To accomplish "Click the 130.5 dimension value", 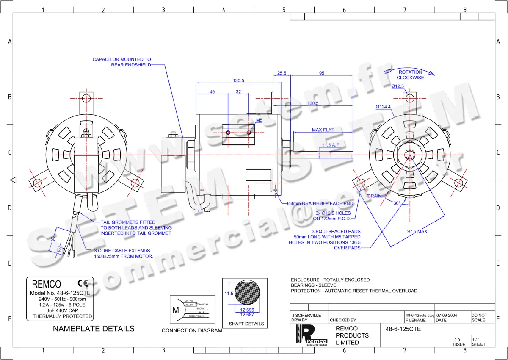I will pyautogui.click(x=238, y=80).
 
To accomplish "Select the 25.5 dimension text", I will pyautogui.click(x=282, y=73).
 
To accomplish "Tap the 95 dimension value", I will pyautogui.click(x=322, y=73).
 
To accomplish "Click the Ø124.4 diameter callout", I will pyautogui.click(x=383, y=107).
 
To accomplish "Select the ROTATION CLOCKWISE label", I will pyautogui.click(x=410, y=75).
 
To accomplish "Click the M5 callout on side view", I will pyautogui.click(x=259, y=120).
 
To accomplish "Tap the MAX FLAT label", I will pyautogui.click(x=323, y=130).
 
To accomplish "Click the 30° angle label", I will pyautogui.click(x=397, y=203).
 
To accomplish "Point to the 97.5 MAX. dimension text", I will pyautogui.click(x=418, y=231).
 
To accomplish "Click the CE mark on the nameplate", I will pyautogui.click(x=83, y=283).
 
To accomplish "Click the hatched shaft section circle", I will pyautogui.click(x=245, y=293).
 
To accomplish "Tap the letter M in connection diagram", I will pyautogui.click(x=176, y=310).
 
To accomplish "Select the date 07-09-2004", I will pyautogui.click(x=447, y=316).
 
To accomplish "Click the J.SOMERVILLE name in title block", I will pyautogui.click(x=306, y=316).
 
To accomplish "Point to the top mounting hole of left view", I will pyautogui.click(x=86, y=98).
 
